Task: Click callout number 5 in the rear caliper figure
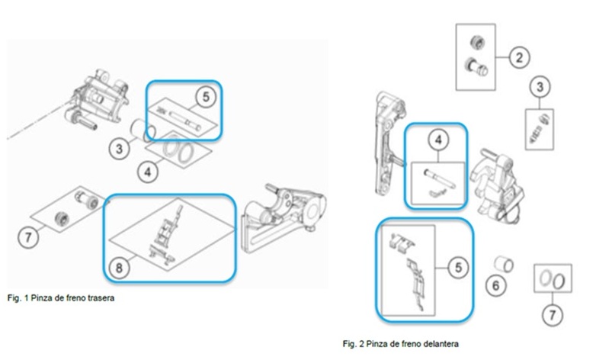(206, 97)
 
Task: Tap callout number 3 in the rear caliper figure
(120, 148)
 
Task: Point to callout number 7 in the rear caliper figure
(28, 238)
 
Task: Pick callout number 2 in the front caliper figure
(519, 57)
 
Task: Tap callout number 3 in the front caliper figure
(540, 86)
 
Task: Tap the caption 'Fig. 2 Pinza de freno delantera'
(400, 344)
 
